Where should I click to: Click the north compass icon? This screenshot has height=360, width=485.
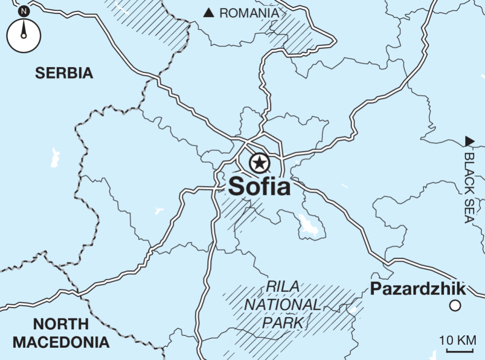[x=23, y=36]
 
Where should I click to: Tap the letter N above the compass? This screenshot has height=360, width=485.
[x=23, y=10]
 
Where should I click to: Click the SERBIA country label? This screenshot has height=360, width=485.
[x=64, y=73]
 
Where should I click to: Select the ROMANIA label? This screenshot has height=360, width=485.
[x=249, y=13]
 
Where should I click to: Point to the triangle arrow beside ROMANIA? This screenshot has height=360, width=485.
[x=209, y=13]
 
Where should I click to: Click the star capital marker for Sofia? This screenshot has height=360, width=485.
[x=259, y=163]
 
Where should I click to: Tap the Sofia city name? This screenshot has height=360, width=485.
[x=259, y=186]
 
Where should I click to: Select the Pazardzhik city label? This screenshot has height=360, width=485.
[x=418, y=288]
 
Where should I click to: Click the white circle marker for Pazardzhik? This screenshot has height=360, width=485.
[x=455, y=306]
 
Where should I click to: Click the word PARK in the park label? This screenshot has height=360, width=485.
[x=282, y=323]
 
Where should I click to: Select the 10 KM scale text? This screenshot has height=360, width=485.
[x=458, y=340]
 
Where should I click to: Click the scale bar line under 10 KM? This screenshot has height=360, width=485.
[x=460, y=351]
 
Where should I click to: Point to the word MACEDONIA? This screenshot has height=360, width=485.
[x=61, y=342]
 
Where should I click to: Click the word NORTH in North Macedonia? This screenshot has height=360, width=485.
[x=61, y=324]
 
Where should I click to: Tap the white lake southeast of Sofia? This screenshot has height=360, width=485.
[x=309, y=225]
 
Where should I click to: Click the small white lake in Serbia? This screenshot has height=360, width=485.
[x=54, y=157]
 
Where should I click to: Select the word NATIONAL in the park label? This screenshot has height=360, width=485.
[x=282, y=305]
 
